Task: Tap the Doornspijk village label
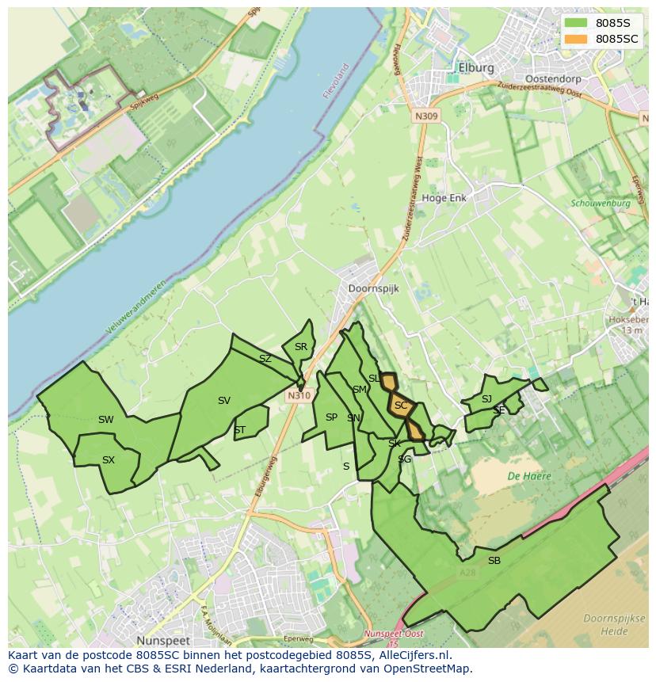(x=373, y=289)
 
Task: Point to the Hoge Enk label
(x=444, y=198)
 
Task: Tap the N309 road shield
(x=425, y=116)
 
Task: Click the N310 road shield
(x=298, y=395)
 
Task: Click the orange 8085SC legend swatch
(x=577, y=39)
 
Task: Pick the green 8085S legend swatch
(x=577, y=22)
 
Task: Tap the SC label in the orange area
(x=401, y=406)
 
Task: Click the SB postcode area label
(x=494, y=561)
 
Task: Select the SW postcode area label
(x=105, y=420)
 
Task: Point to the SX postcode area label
(x=109, y=460)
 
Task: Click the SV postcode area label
(x=224, y=401)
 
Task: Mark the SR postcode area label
(x=300, y=347)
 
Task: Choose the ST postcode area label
(x=239, y=430)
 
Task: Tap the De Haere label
(x=529, y=476)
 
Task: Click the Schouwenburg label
(x=600, y=204)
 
